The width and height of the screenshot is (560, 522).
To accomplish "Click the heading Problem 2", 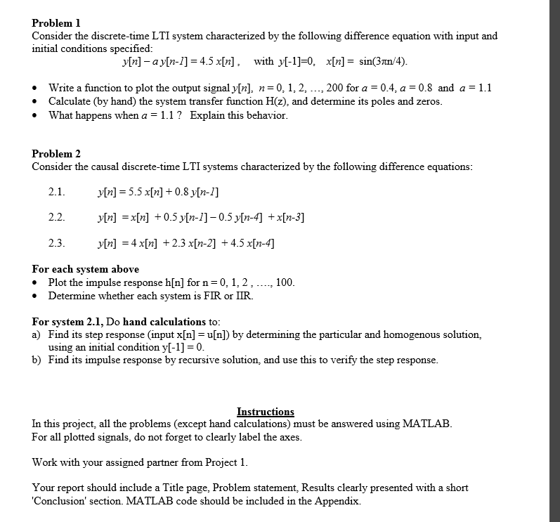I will [56, 153].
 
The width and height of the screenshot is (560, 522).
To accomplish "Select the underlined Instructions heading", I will [266, 412].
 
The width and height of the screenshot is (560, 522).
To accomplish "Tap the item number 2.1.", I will [56, 192].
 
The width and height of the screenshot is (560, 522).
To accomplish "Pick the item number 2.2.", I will [56, 217].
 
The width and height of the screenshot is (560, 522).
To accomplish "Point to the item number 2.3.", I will [56, 243].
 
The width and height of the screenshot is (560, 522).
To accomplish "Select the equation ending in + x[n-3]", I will [200, 217].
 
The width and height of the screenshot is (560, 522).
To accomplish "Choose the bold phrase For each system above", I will [86, 269].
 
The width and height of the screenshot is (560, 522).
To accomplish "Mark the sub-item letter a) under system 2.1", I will [37, 334].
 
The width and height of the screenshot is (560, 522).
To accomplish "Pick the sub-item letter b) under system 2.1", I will [37, 360].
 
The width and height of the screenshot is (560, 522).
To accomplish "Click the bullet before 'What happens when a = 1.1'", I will [37, 115].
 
